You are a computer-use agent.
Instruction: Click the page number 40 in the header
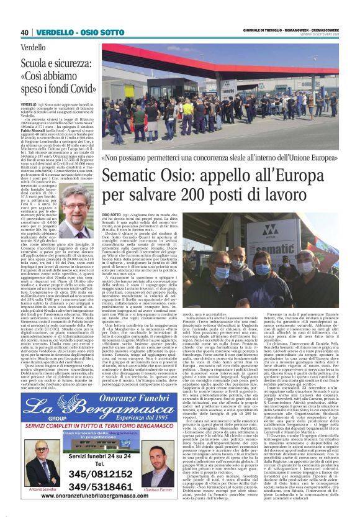point(24,32)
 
